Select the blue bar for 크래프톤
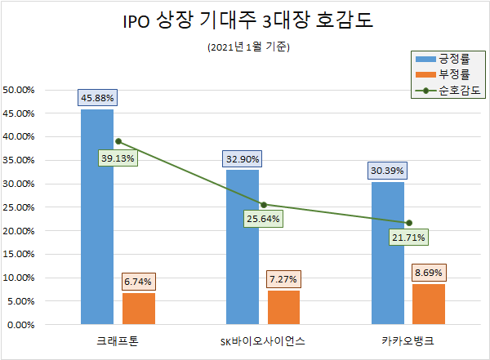pos(97,216)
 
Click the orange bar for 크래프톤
pos(138,309)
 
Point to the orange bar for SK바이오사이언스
pos(283,307)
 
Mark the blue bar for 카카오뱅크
pos(388,253)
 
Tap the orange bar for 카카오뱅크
pos(429,304)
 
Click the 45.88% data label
pos(97,98)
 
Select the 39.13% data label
pos(118,158)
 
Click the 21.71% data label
pos(408,238)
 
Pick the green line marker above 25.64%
pos(263,204)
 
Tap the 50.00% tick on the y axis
pos(20,89)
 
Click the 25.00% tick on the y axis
pos(20,207)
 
